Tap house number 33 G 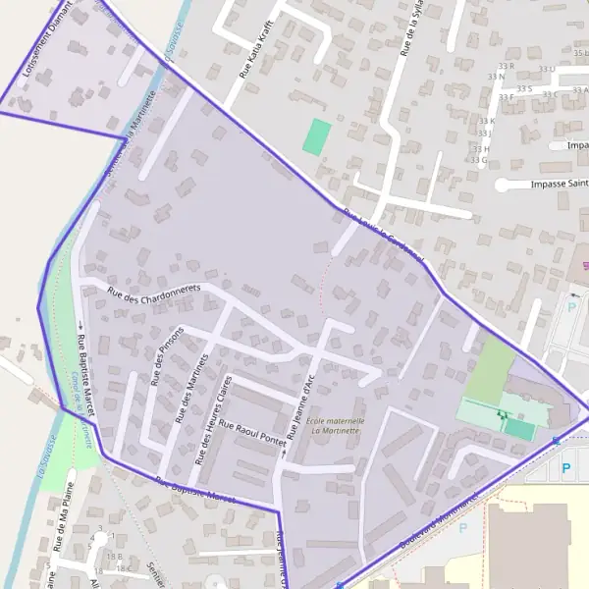479,159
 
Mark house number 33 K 485,121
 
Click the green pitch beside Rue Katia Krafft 316,136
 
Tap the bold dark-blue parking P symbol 565,468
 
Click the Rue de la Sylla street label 411,29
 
